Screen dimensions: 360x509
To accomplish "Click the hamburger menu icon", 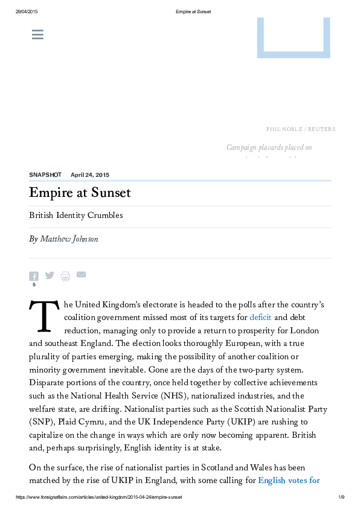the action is (x=37, y=35).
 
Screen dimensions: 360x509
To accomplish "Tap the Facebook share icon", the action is (x=34, y=276).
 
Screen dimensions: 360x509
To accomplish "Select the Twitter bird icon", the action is (x=50, y=275).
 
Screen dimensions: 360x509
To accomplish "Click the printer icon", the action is (x=65, y=276).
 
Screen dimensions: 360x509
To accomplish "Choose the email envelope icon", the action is (x=81, y=275).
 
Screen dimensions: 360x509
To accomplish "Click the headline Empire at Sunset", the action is (x=80, y=193).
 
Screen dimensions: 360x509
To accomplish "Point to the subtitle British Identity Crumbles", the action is (x=76, y=216).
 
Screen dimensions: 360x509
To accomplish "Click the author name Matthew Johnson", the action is (x=69, y=239).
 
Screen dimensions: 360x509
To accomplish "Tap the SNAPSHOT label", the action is (x=45, y=174).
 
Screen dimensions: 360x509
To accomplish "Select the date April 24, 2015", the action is (x=90, y=174).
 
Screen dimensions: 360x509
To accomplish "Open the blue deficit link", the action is (x=260, y=318).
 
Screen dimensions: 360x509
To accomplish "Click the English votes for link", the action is (x=289, y=481).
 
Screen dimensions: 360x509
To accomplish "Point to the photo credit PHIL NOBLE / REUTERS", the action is (x=301, y=129).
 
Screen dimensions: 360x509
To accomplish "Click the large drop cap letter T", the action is (x=42, y=317).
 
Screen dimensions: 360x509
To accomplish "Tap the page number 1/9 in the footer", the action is (x=341, y=497).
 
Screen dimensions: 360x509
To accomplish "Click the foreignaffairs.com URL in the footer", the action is (x=98, y=497).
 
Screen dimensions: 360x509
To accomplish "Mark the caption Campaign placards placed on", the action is (x=269, y=147).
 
